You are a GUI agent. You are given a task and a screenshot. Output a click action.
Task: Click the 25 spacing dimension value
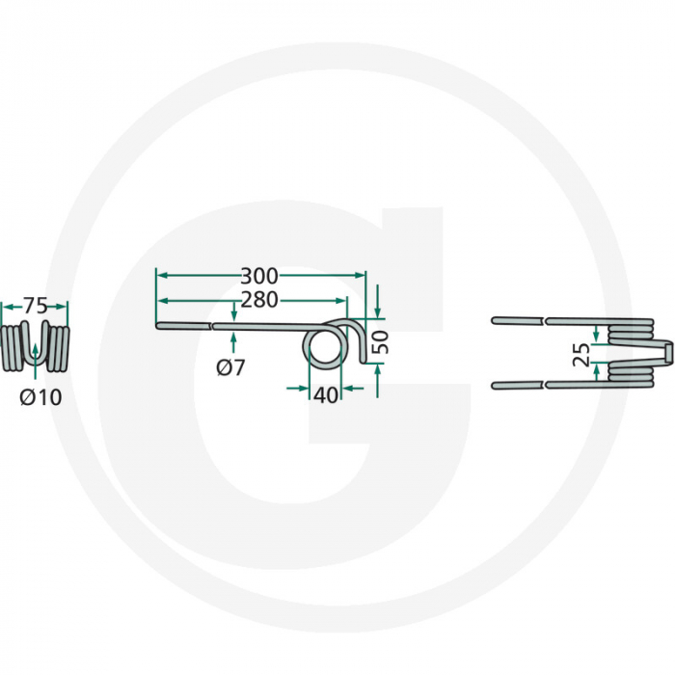pos(580,355)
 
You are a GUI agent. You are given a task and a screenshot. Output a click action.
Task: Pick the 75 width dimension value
pos(35,306)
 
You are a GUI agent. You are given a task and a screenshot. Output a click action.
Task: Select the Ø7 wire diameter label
pos(231,366)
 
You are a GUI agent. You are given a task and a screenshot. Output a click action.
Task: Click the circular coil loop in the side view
pos(323,349)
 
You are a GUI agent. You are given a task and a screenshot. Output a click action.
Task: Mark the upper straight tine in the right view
pos(540,320)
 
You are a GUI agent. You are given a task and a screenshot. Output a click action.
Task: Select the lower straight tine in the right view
pos(540,386)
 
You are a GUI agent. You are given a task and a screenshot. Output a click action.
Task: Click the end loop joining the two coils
pos(665,352)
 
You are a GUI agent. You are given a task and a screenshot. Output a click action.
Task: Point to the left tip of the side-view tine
pos(158,327)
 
